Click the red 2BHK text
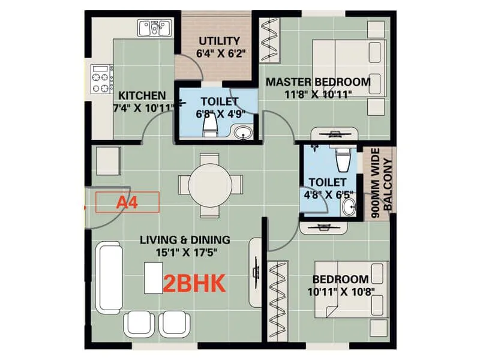[194, 283]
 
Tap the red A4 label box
[127, 202]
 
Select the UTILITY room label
[220, 41]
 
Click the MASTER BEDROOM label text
[318, 82]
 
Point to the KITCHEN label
[142, 95]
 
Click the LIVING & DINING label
[185, 240]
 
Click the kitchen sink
[155, 28]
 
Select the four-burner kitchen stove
[102, 79]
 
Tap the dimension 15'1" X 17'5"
[185, 253]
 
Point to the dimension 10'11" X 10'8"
[340, 292]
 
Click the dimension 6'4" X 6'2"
[220, 53]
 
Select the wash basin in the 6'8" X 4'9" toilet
[242, 132]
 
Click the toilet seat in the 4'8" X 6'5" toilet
[343, 159]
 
